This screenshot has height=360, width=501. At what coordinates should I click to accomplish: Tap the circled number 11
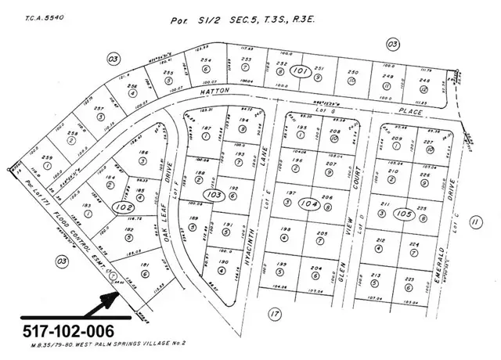(x=475, y=222)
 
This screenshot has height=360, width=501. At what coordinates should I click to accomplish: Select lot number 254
(x=206, y=59)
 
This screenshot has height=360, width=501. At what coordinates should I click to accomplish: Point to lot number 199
(x=281, y=267)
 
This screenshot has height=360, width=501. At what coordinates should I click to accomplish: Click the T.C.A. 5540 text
(x=27, y=14)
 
